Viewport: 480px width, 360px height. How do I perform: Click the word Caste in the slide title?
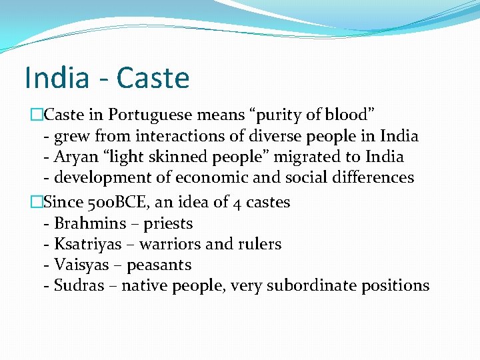click(153, 78)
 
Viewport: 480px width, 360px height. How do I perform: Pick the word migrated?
click(295, 157)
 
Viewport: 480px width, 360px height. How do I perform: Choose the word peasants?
click(159, 265)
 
